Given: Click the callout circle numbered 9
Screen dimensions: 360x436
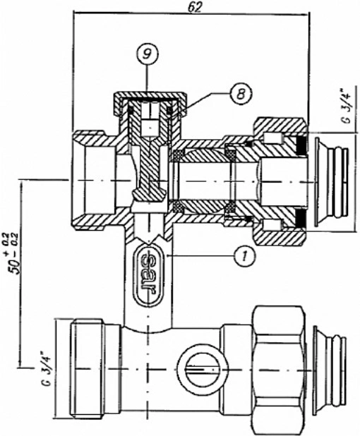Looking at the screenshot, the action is (148, 54).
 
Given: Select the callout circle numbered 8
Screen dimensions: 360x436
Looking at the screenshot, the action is (241, 93).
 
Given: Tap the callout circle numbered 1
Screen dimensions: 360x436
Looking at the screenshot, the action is (244, 255).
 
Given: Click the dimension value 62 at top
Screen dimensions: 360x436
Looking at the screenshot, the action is (194, 8).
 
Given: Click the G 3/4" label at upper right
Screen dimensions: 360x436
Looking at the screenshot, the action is (347, 106).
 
